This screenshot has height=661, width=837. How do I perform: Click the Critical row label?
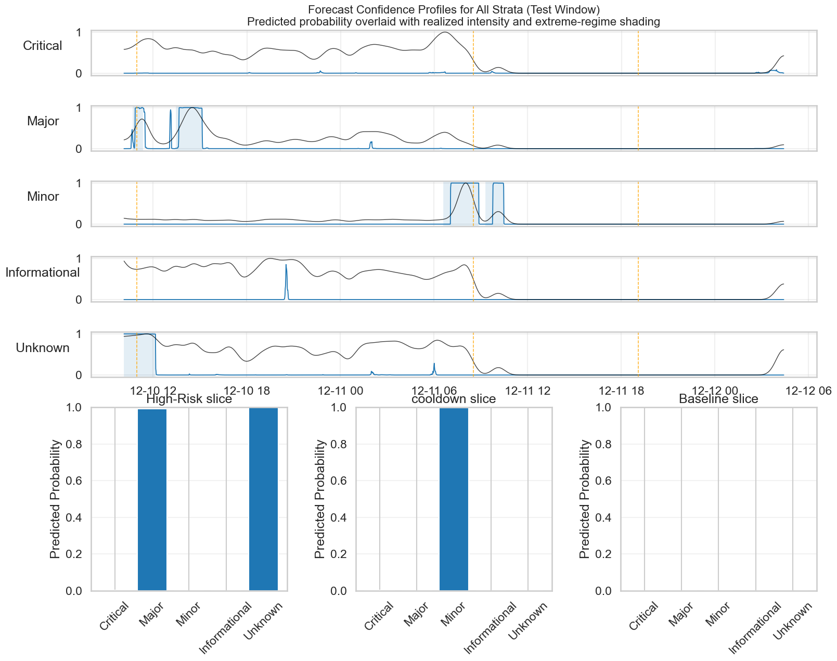click(x=43, y=46)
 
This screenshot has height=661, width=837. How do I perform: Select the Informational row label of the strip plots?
click(x=43, y=273)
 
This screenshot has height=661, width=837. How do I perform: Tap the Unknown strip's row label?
click(x=43, y=348)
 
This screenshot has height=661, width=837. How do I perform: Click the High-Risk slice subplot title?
click(x=189, y=399)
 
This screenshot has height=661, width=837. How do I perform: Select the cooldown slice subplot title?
click(x=454, y=399)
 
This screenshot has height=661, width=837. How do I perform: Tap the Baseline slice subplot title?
click(x=718, y=399)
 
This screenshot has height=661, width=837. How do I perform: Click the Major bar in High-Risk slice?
click(x=152, y=499)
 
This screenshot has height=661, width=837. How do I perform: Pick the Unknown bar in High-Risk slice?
click(x=263, y=499)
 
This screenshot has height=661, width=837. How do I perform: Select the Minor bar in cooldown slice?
click(x=454, y=499)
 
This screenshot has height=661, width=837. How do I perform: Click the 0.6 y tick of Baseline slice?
click(x=600, y=481)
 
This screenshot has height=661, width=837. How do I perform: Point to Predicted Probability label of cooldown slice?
click(x=320, y=499)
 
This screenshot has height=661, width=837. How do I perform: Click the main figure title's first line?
click(x=454, y=9)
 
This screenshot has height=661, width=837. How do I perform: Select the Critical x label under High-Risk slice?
click(x=114, y=616)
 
